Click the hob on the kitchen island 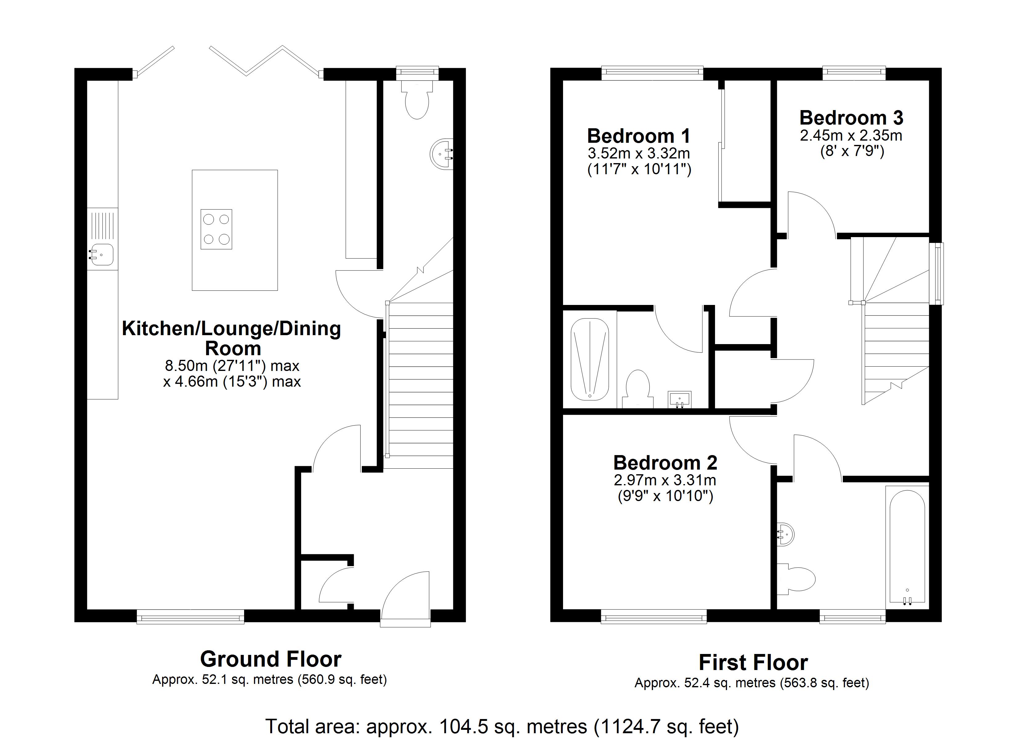tap(216, 229)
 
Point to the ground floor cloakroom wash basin tap(442, 154)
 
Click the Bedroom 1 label tap(639, 136)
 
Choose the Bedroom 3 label tap(851, 117)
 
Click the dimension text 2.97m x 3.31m tap(665, 480)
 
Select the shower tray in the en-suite tap(590, 359)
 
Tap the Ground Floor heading tap(271, 659)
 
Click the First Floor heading tap(753, 662)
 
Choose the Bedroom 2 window tap(654, 617)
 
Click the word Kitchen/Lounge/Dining tap(231, 329)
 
